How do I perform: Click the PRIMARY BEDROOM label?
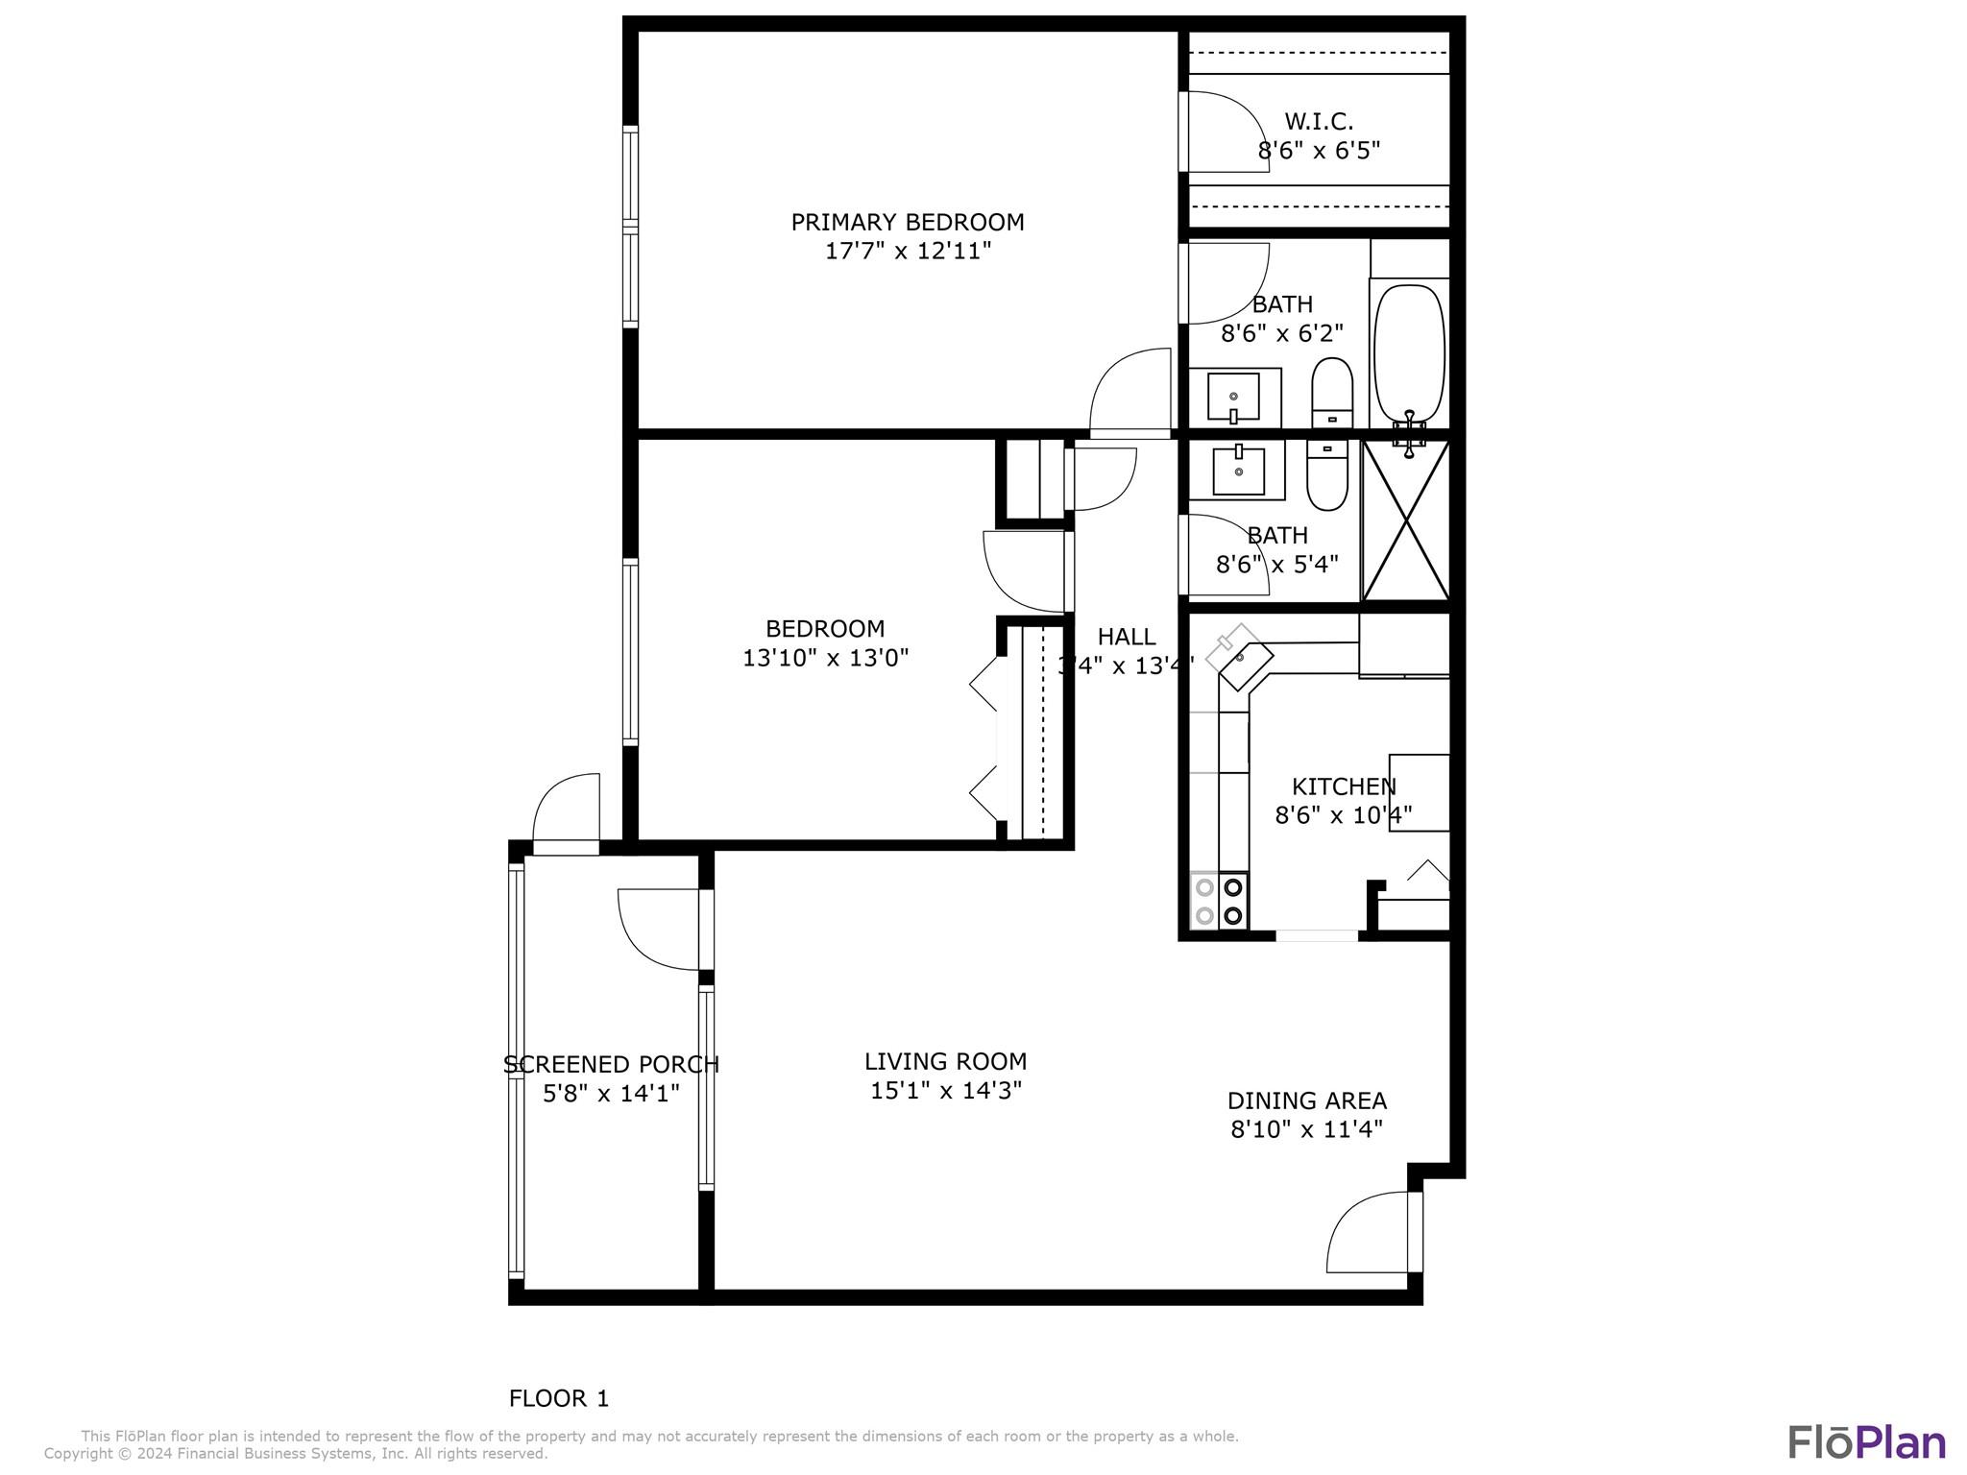[x=907, y=222]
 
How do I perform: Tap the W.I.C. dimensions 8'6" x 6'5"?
[x=1319, y=151]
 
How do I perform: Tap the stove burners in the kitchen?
[x=1219, y=901]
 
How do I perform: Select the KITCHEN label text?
[x=1343, y=786]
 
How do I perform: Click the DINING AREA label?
[x=1306, y=1100]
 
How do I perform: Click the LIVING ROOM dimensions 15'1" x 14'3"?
[x=945, y=1091]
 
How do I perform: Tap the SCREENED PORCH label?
[x=611, y=1064]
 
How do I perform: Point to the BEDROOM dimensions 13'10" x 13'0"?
[x=825, y=658]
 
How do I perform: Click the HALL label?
[x=1126, y=637]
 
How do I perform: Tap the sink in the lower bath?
[x=1238, y=471]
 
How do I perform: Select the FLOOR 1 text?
[x=558, y=1398]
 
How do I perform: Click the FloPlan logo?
[x=1866, y=1442]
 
